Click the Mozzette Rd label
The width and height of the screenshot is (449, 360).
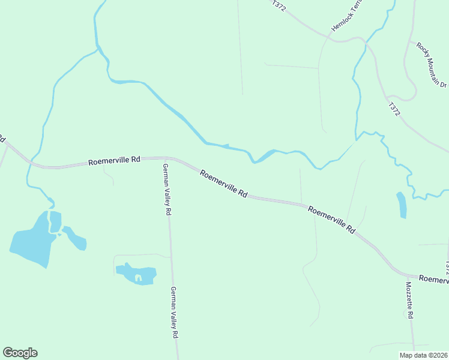pyautogui.click(x=409, y=300)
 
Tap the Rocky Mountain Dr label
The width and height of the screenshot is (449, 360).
pyautogui.click(x=432, y=65)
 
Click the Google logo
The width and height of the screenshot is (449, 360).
pyautogui.click(x=20, y=353)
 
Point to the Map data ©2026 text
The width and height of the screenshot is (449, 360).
pyautogui.click(x=423, y=355)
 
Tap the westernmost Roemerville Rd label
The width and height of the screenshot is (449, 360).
pyautogui.click(x=114, y=161)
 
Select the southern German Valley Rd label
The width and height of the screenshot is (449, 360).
pyautogui.click(x=175, y=313)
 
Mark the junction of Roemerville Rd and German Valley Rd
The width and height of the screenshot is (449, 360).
pyautogui.click(x=166, y=158)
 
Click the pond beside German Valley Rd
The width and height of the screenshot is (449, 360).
pyautogui.click(x=136, y=274)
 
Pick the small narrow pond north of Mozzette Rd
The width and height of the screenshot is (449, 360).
pyautogui.click(x=401, y=205)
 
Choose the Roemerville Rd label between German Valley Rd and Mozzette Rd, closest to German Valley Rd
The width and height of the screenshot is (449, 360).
pyautogui.click(x=224, y=184)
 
